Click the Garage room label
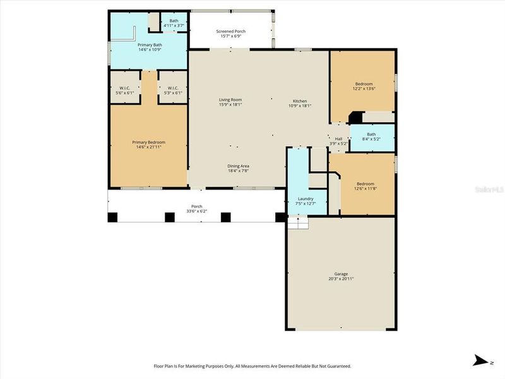coord(341,276)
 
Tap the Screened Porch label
coord(230,33)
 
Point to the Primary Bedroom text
coord(148,145)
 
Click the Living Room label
coord(230,102)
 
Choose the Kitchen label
coord(299,102)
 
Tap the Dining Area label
coord(239,168)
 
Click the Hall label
coord(338,141)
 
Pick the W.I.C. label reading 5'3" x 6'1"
coord(173,90)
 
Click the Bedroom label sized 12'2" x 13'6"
coord(364,87)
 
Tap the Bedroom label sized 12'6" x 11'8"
coord(364,186)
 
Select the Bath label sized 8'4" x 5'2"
coord(371,136)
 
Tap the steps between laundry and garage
coord(298,222)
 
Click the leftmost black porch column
coord(113,217)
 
